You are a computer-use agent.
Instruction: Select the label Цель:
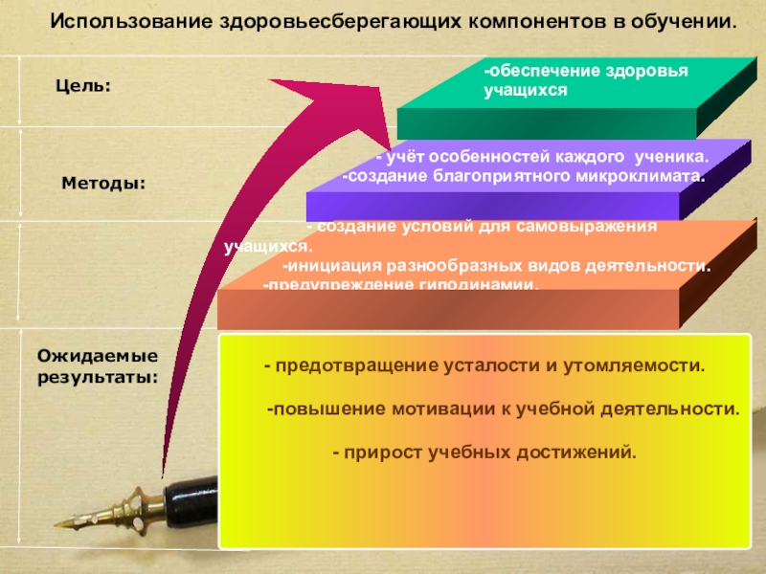[x=83, y=86]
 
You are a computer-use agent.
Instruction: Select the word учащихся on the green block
[x=526, y=90]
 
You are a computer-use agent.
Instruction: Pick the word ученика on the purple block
[x=676, y=157]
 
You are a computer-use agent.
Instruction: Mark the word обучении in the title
[x=684, y=20]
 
